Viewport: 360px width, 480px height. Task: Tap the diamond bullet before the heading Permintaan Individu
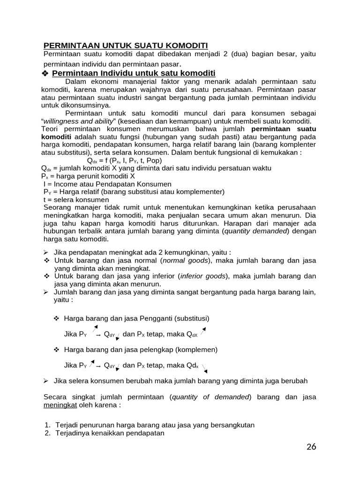click(45, 74)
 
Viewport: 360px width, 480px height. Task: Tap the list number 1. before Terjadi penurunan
click(47, 425)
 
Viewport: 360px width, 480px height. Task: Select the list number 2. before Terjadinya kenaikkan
click(47, 433)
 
